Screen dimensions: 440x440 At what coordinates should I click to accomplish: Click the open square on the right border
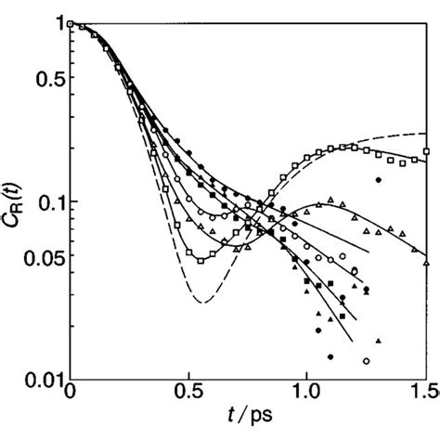[x=426, y=151]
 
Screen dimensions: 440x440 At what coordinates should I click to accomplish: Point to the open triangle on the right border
[x=426, y=262]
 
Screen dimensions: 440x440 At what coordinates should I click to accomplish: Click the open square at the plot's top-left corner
[x=71, y=24]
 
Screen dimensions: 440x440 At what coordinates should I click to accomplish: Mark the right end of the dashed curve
[x=426, y=135]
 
